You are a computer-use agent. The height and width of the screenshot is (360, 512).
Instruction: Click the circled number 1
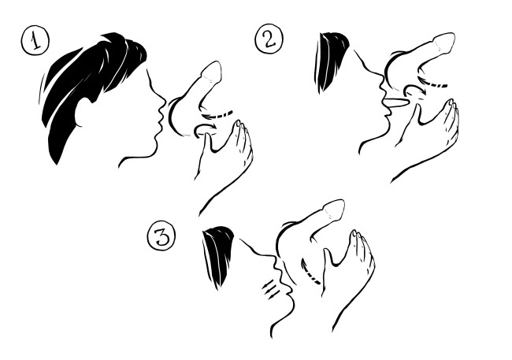coord(35,41)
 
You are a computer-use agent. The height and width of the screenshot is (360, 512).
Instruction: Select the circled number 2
coord(269,39)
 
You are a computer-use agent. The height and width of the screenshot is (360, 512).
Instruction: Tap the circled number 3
coord(161,236)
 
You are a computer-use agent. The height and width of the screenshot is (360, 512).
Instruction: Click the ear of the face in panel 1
coord(84,112)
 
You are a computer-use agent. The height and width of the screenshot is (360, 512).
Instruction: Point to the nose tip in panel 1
coord(165,101)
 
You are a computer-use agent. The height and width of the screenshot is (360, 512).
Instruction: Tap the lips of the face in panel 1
coord(161,121)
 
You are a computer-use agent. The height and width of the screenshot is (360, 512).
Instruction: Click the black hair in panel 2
coord(331,61)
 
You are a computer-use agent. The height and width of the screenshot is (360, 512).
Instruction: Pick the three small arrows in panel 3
coord(271,288)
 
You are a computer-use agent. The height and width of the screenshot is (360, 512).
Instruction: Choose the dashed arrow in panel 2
coord(432,84)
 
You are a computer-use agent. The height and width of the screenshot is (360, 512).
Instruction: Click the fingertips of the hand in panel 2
coord(451,103)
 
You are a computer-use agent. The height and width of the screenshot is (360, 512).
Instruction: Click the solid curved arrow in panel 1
coord(205,128)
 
